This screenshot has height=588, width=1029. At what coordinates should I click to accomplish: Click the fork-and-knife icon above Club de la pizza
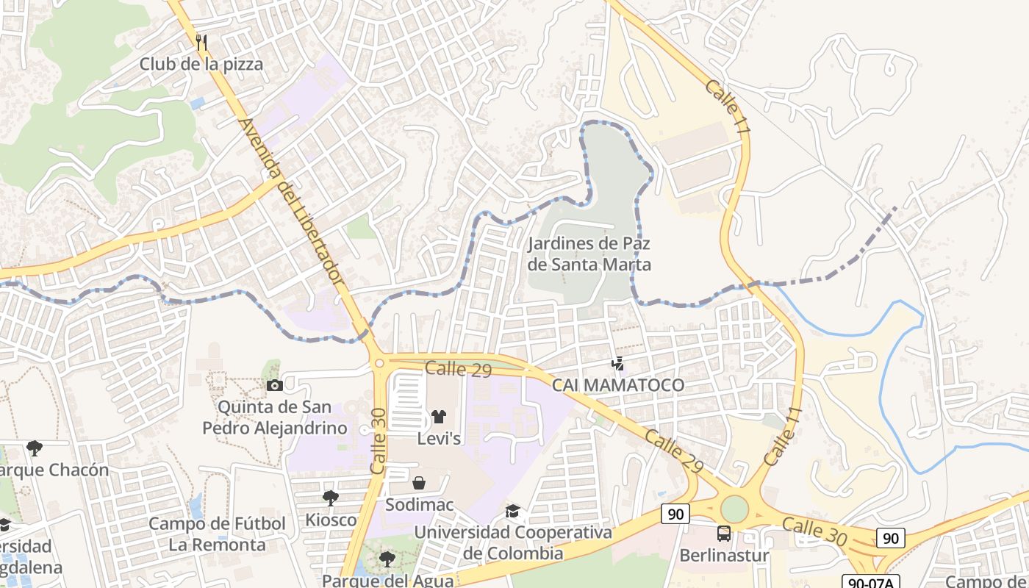click(x=202, y=42)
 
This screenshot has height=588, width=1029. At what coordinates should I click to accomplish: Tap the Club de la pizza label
click(x=201, y=64)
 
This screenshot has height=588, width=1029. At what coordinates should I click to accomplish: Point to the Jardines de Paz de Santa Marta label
click(x=589, y=254)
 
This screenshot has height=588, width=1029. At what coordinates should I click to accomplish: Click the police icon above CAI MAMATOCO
click(x=618, y=363)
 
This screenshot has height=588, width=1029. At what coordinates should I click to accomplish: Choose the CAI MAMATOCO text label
click(x=618, y=385)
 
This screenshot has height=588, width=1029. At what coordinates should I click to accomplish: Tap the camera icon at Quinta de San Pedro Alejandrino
click(x=274, y=385)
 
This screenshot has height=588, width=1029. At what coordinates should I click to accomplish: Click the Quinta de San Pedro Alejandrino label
click(x=274, y=417)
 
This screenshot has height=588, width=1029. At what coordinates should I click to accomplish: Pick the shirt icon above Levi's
click(x=439, y=417)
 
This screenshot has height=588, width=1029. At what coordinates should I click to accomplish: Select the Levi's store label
click(x=439, y=439)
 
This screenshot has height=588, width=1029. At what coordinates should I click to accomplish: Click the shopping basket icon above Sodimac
click(x=419, y=483)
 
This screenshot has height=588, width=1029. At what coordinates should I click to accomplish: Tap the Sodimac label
click(x=420, y=505)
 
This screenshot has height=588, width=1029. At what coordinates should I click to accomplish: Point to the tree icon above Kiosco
click(x=331, y=498)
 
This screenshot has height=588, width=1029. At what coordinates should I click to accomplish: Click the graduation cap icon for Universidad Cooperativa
click(x=512, y=510)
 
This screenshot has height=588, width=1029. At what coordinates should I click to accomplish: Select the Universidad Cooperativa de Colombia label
click(x=513, y=542)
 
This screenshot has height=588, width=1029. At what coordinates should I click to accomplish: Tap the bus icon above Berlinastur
click(x=724, y=534)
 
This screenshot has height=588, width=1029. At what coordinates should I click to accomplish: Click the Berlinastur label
click(x=724, y=555)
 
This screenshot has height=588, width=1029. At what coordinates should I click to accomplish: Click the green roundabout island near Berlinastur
click(x=734, y=509)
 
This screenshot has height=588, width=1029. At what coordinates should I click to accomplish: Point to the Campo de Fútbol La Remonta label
click(x=217, y=534)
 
